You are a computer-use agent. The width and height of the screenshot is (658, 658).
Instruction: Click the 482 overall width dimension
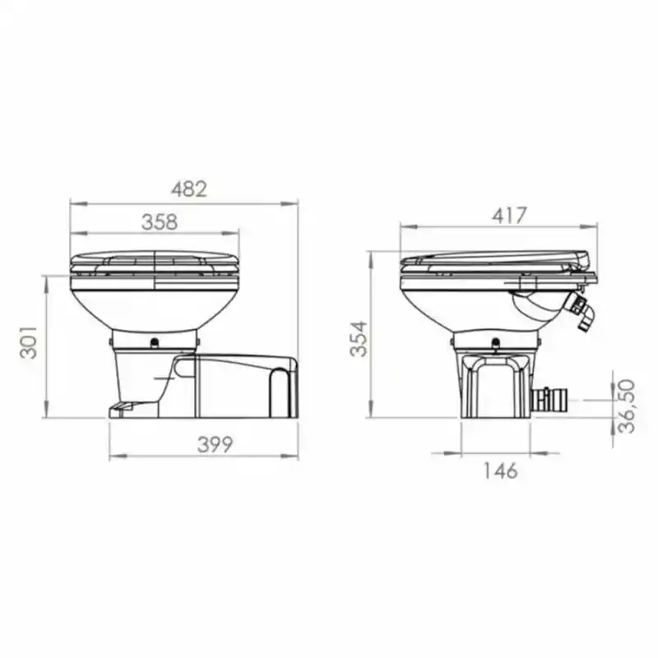click(x=188, y=188)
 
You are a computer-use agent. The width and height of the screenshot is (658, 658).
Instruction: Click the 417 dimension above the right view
click(x=508, y=215)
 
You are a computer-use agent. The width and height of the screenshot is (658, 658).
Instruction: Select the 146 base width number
click(x=499, y=470)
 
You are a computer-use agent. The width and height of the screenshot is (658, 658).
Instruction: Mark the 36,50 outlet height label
click(x=627, y=405)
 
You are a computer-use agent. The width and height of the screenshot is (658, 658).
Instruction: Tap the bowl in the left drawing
click(x=155, y=304)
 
